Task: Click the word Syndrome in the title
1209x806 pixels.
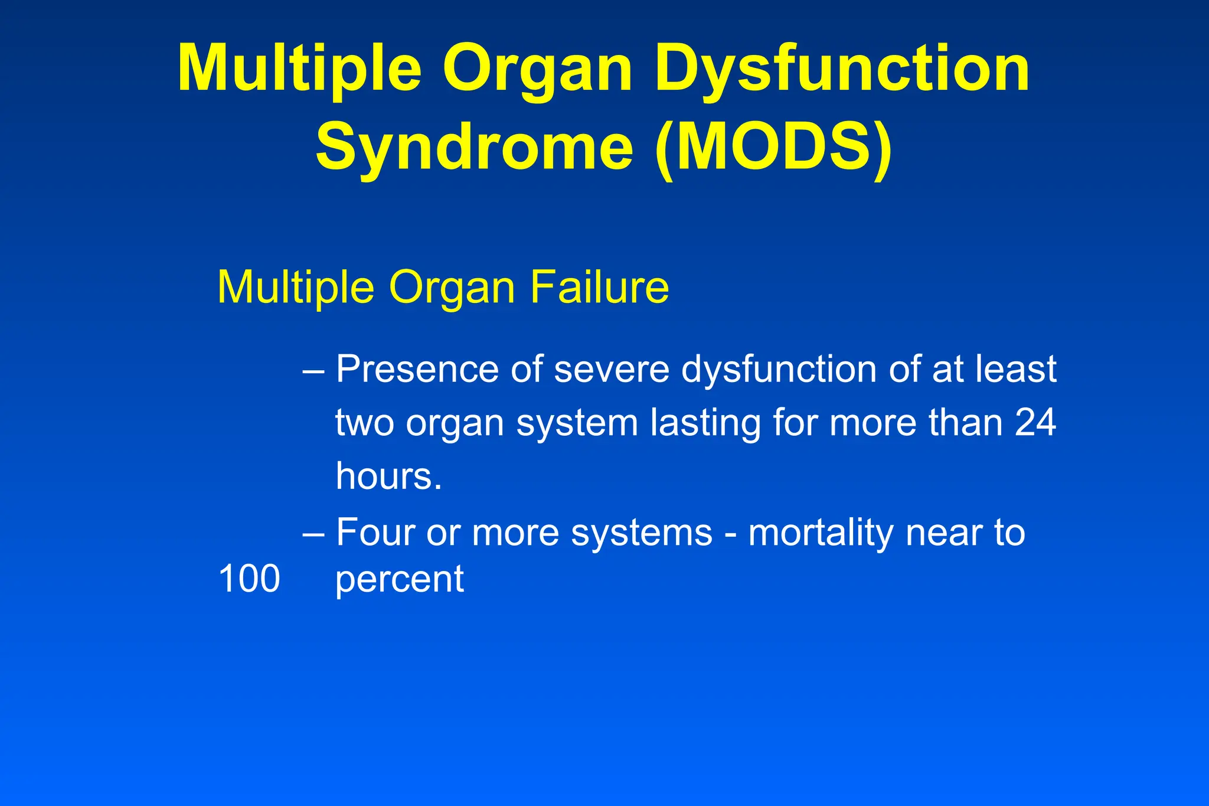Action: tap(474, 146)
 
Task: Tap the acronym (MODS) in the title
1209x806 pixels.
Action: tap(773, 146)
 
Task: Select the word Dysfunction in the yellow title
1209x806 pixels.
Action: tap(842, 68)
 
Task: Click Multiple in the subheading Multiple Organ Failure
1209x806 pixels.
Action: tap(296, 288)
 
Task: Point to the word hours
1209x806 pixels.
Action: tap(388, 476)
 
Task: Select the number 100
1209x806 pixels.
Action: tap(249, 579)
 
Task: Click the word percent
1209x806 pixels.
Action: tap(400, 580)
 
